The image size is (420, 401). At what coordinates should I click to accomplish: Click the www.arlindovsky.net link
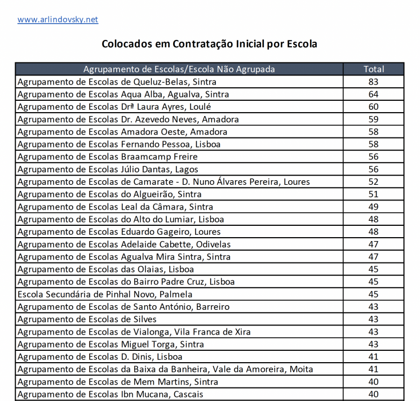(x=58, y=20)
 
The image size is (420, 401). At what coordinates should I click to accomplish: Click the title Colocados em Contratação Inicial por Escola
(x=209, y=43)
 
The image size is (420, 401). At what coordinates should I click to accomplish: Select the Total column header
(x=373, y=69)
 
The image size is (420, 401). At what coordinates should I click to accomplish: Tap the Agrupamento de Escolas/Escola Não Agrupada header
(x=179, y=69)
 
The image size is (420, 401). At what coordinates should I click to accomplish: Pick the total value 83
(x=373, y=82)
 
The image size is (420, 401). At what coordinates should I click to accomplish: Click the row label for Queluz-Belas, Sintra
(x=117, y=82)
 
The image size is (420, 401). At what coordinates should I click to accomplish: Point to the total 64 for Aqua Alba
(x=373, y=94)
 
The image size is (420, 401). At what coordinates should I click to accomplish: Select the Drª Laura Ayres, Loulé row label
(x=114, y=106)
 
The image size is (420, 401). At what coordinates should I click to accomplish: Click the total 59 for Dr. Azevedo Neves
(x=373, y=119)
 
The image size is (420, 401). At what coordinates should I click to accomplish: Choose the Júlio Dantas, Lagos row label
(x=108, y=169)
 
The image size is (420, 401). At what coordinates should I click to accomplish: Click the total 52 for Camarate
(x=373, y=181)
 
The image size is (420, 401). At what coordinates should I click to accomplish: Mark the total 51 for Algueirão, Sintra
(x=373, y=194)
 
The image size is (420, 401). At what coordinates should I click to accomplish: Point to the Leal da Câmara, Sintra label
(x=115, y=207)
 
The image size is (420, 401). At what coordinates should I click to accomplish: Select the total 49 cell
(x=373, y=207)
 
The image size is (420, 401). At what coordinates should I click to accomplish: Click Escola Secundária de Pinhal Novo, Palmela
(x=105, y=294)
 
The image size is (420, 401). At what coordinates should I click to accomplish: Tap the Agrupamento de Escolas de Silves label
(x=87, y=319)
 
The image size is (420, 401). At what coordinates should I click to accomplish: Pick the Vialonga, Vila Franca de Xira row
(x=134, y=332)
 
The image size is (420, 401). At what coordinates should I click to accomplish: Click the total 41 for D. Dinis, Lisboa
(x=373, y=357)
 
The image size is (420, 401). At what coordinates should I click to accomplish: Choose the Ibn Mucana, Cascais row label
(x=110, y=394)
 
